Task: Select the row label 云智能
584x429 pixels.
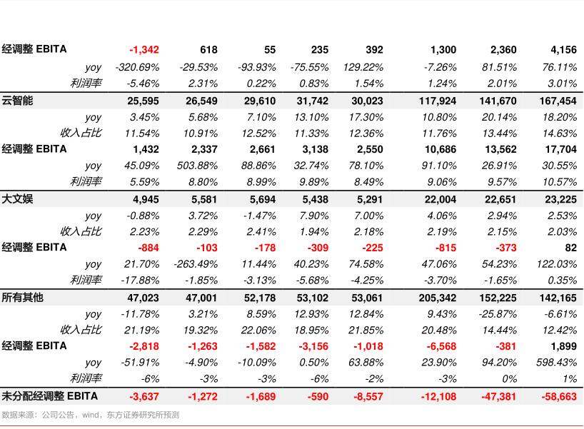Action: (x=18, y=101)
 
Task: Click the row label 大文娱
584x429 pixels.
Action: (x=18, y=198)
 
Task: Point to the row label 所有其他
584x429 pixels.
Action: (x=23, y=297)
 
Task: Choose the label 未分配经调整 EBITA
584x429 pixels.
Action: (x=49, y=395)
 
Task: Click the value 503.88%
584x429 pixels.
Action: (x=197, y=166)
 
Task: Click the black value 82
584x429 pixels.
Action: (x=570, y=248)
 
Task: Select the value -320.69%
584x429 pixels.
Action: (x=137, y=67)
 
